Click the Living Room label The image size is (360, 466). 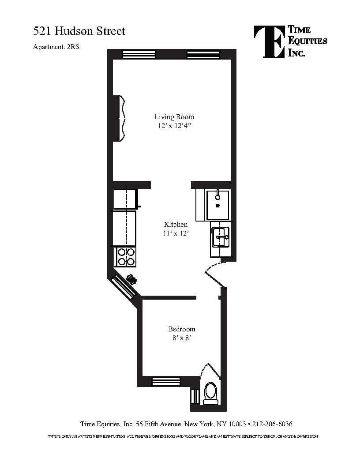(174, 117)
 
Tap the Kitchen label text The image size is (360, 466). (176, 224)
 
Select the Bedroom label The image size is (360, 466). (181, 329)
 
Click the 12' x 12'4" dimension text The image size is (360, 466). (174, 126)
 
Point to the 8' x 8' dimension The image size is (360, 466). (181, 338)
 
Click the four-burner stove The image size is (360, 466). (125, 257)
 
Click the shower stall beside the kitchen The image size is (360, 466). (218, 204)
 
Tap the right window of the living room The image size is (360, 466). (200, 54)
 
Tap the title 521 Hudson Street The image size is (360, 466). (79, 31)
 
